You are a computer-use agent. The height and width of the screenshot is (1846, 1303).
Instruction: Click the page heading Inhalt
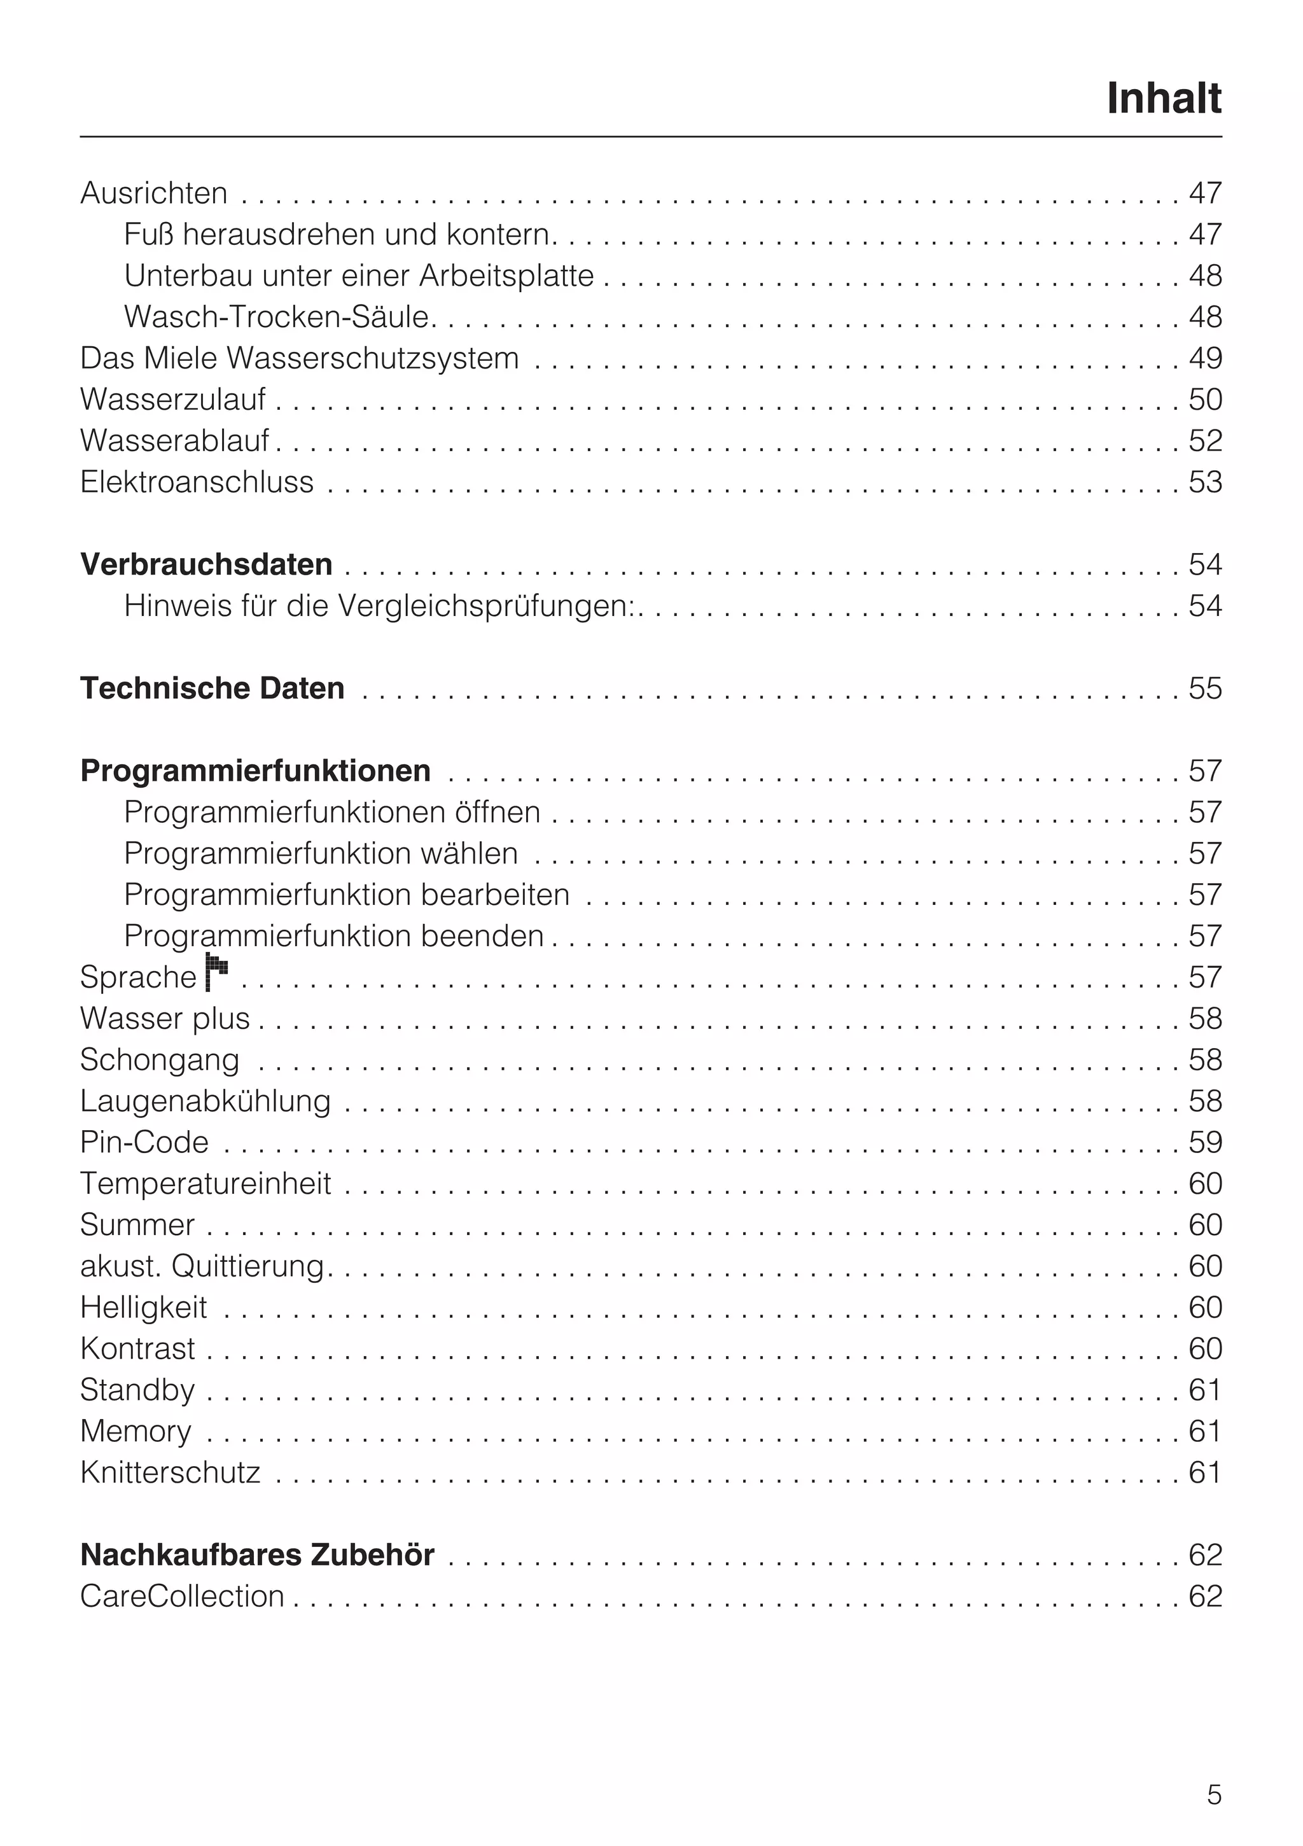[x=1163, y=99]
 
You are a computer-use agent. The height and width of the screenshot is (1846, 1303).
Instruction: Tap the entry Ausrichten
[x=153, y=194]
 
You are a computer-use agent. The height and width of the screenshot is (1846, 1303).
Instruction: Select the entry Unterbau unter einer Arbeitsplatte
[x=358, y=276]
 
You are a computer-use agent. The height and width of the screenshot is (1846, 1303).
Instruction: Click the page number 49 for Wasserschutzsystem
[x=1205, y=359]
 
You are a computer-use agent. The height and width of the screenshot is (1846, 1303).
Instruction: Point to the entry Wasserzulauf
[x=173, y=400]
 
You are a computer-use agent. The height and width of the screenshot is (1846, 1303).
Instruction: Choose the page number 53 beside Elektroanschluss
[x=1205, y=482]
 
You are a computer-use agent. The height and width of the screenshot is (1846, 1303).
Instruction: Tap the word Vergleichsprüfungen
[x=485, y=606]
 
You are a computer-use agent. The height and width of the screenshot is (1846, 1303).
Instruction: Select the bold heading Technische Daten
[x=213, y=689]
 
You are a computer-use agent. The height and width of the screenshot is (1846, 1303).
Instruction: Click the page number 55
[x=1205, y=689]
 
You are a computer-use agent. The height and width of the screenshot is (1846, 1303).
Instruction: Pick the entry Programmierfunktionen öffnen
[x=332, y=812]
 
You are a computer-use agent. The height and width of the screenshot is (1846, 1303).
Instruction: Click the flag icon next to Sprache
[x=216, y=972]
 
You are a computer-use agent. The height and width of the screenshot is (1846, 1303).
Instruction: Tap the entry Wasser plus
[x=165, y=1019]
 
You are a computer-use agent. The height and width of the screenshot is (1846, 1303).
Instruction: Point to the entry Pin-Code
[x=144, y=1142]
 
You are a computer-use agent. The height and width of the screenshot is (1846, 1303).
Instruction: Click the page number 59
[x=1205, y=1142]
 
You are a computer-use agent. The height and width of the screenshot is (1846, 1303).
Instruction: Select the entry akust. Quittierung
[x=202, y=1266]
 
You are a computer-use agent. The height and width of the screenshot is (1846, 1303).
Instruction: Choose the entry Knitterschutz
[x=171, y=1473]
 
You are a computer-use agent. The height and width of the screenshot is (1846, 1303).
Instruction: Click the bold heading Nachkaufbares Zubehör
[x=257, y=1555]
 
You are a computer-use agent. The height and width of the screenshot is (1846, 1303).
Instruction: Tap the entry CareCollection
[x=183, y=1597]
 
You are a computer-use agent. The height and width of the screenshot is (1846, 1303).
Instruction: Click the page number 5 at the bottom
[x=1214, y=1795]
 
